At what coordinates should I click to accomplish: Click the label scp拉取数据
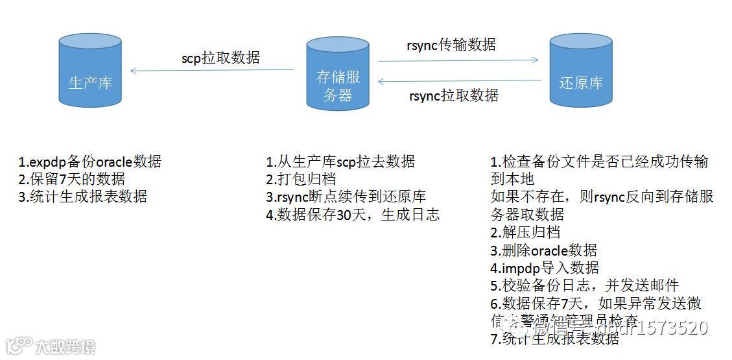[x=220, y=58]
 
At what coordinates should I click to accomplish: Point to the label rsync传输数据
[x=451, y=45]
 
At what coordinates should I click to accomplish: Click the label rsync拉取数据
[x=454, y=95]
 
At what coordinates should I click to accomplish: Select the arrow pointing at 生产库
[x=212, y=70]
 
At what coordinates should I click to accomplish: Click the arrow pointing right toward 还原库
[x=458, y=60]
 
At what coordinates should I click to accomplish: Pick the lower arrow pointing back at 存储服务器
[x=459, y=81]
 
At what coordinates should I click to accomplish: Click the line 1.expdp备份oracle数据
[x=90, y=162]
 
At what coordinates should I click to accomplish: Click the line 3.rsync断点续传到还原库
[x=346, y=197]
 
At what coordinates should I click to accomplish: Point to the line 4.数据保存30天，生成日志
[x=353, y=214]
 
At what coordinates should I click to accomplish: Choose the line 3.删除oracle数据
[x=543, y=250]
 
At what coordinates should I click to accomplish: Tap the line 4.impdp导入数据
[x=545, y=267]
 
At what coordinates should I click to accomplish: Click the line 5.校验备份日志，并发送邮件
[x=584, y=285]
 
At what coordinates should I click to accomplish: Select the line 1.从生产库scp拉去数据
[x=340, y=162]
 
